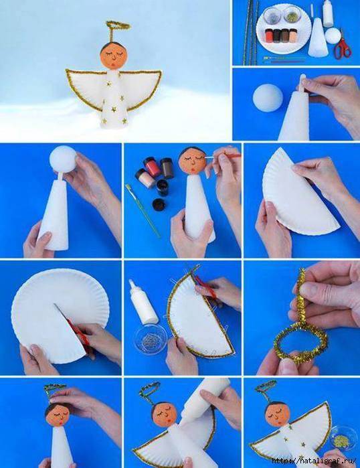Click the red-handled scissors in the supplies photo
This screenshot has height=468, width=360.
[x=342, y=46]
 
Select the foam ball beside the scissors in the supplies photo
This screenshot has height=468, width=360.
[x=333, y=35]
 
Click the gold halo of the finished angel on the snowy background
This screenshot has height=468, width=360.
[x=118, y=25]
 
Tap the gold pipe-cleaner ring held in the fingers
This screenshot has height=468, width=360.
[x=300, y=339]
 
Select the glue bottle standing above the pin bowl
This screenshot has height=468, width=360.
[x=143, y=302]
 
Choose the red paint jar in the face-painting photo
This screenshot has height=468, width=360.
[x=151, y=166]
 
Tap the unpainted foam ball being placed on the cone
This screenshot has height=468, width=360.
[x=63, y=159]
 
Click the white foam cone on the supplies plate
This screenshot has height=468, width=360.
[x=318, y=37]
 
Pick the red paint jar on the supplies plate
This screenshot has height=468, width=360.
[x=269, y=35]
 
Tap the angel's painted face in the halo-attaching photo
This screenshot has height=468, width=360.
[x=58, y=414]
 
